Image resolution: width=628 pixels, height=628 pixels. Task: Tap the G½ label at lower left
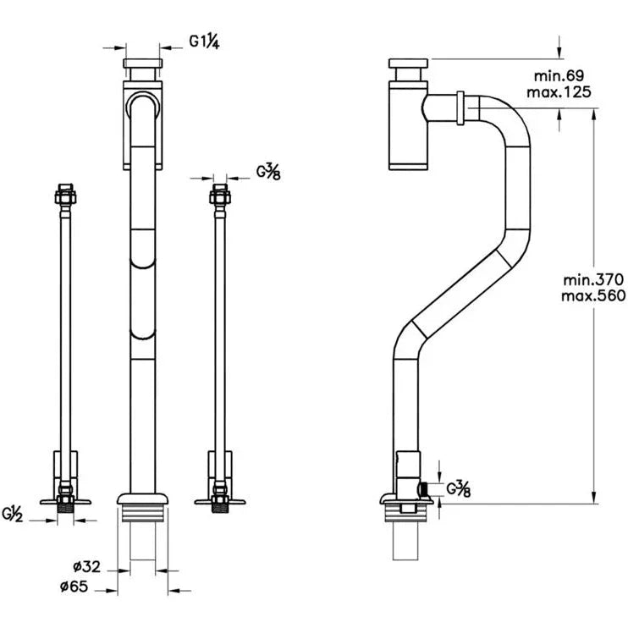click(14, 513)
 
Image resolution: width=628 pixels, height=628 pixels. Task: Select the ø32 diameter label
click(87, 567)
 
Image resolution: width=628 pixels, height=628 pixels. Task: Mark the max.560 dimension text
click(592, 295)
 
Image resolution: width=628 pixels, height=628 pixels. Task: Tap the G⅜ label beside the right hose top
click(270, 172)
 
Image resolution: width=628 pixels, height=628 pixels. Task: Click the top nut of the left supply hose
click(64, 194)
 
